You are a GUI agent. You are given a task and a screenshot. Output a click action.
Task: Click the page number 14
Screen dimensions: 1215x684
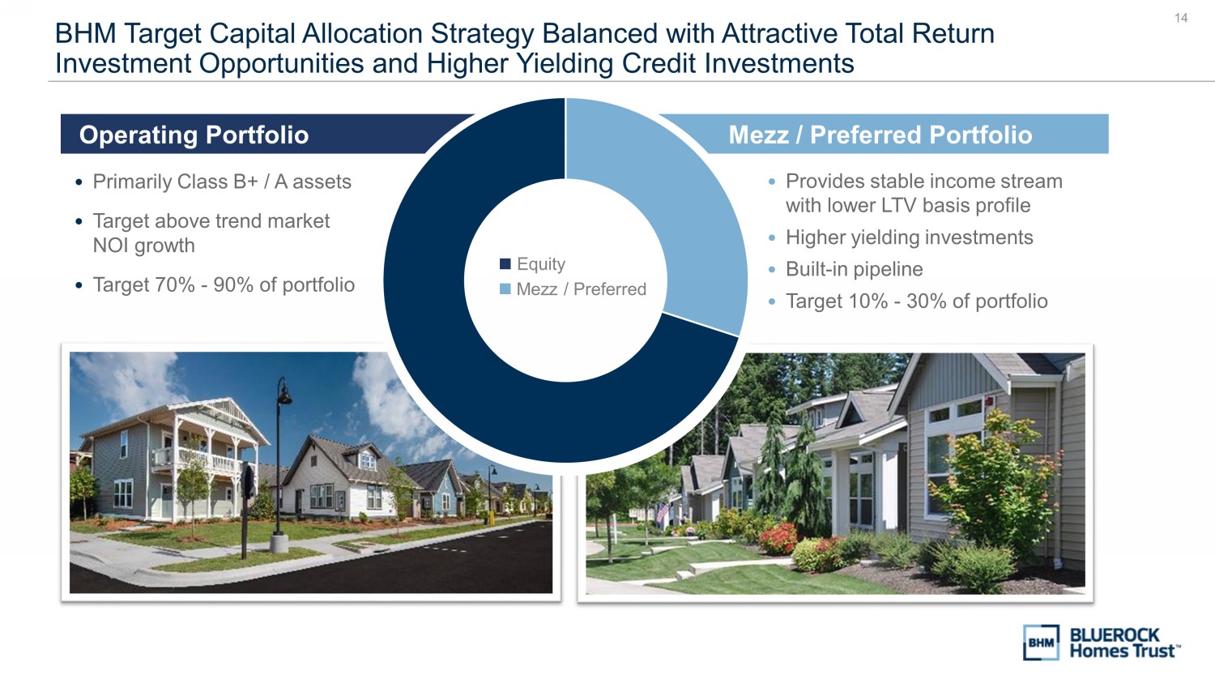(1181, 18)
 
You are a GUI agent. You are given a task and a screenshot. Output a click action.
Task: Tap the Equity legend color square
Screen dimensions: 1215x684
(505, 264)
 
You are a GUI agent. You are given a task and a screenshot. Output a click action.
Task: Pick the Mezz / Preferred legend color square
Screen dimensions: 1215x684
(505, 289)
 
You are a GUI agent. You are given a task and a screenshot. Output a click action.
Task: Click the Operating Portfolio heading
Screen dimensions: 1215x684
(194, 135)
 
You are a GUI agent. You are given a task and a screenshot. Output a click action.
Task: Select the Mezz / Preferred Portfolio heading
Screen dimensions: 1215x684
(880, 135)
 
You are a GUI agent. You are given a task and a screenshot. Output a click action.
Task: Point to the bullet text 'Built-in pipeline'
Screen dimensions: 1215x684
(855, 269)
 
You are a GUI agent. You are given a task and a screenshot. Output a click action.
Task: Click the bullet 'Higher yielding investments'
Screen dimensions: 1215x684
(909, 237)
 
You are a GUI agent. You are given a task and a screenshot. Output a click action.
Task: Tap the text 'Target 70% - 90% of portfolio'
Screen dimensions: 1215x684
(224, 284)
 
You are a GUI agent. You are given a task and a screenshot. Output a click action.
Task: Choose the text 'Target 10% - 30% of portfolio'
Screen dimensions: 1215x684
(917, 301)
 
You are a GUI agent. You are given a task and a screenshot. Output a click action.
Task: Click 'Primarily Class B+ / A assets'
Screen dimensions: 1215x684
(222, 182)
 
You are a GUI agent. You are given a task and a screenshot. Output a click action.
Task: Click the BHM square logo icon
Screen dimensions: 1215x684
(1041, 642)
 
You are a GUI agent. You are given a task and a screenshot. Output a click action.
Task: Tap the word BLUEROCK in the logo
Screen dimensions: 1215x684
(1114, 635)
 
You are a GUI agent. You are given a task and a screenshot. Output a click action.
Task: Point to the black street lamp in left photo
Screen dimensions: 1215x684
(280, 467)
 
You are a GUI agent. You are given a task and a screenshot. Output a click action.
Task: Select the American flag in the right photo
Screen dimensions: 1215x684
(662, 512)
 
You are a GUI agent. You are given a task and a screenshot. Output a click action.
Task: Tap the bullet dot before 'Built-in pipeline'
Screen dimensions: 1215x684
(772, 269)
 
